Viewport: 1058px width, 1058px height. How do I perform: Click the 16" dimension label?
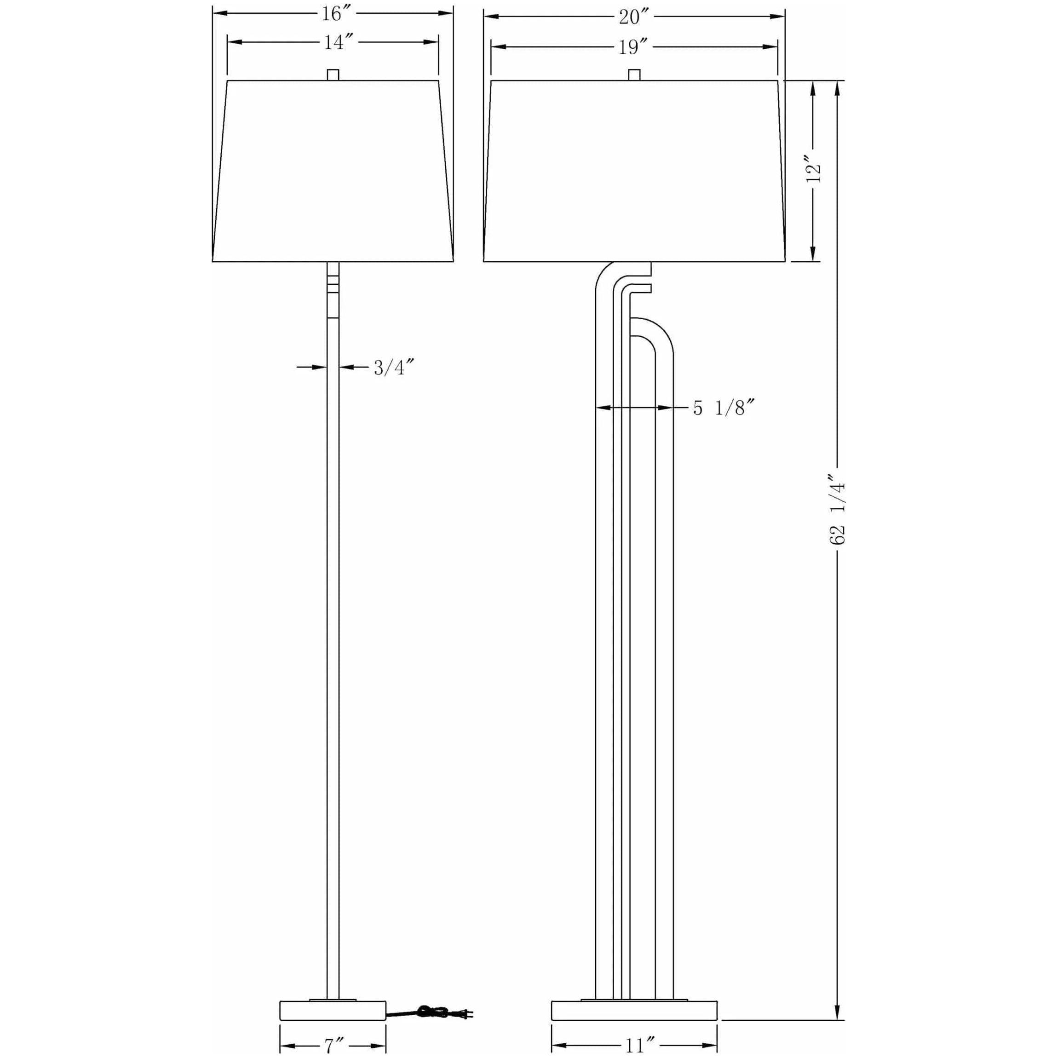point(333,14)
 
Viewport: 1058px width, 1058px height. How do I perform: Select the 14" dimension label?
point(334,42)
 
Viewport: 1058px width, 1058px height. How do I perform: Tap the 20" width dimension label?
point(633,17)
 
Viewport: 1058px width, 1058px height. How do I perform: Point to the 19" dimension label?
point(633,48)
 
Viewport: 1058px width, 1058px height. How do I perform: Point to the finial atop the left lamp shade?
point(333,75)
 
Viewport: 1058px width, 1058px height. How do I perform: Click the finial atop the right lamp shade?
point(634,75)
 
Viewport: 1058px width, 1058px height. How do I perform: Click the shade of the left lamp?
point(333,171)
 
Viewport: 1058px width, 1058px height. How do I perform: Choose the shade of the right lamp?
point(634,171)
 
